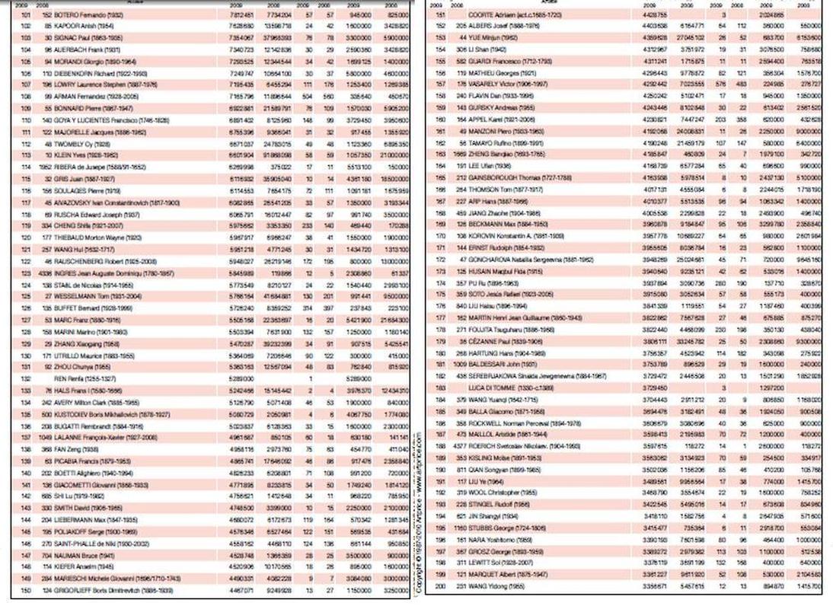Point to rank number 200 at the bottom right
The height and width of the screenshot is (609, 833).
[439, 587]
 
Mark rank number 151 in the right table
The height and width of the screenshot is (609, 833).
[439, 14]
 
